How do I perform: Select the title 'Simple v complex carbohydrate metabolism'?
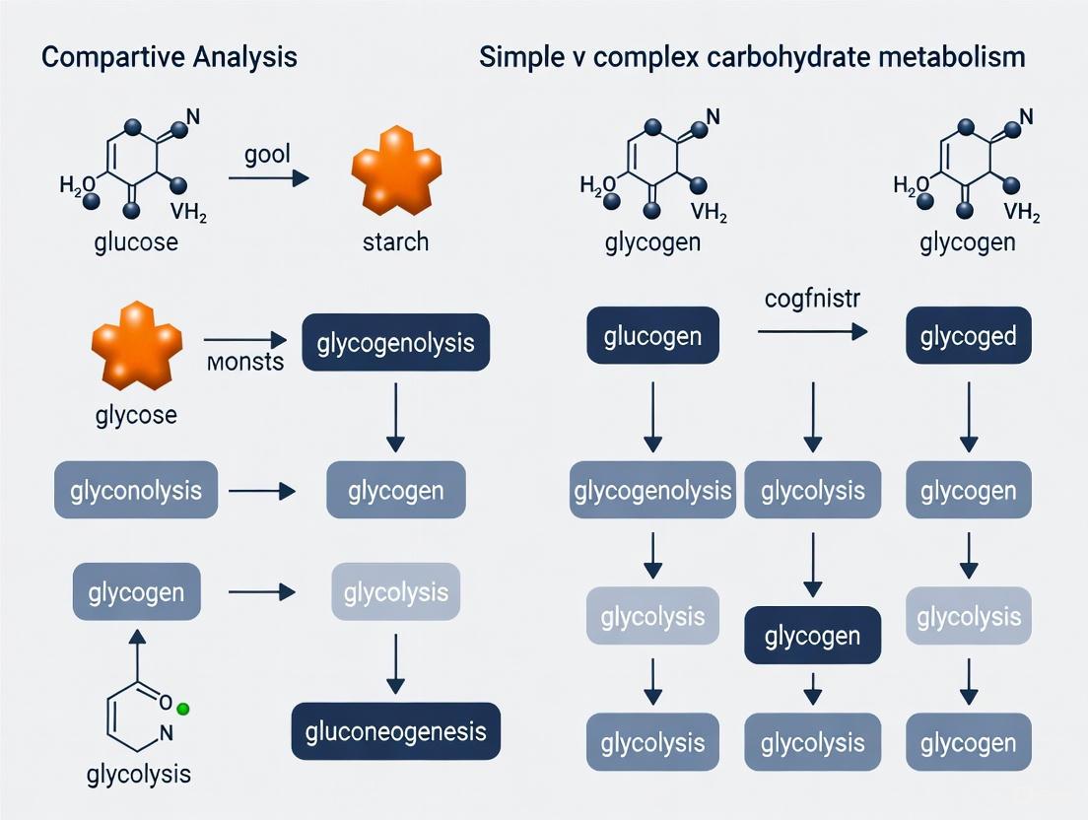pyautogui.click(x=752, y=57)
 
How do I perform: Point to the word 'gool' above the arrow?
pyautogui.click(x=267, y=157)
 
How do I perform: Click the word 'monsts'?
pyautogui.click(x=246, y=362)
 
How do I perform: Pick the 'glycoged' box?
pyautogui.click(x=968, y=335)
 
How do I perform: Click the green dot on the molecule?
pyautogui.click(x=182, y=709)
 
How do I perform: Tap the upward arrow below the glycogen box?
pyautogui.click(x=136, y=649)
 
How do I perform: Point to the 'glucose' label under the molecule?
pyautogui.click(x=136, y=241)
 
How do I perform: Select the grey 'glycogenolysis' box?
pyautogui.click(x=651, y=490)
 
